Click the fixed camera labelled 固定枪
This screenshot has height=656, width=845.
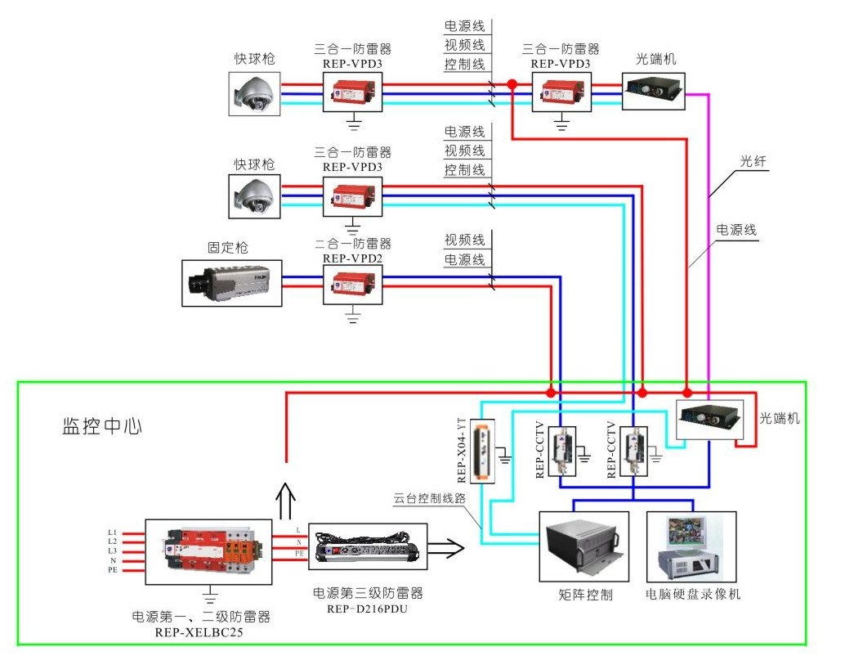point(232,283)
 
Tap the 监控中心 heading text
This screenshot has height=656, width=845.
point(102,426)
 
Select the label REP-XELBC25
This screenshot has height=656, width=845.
point(199,632)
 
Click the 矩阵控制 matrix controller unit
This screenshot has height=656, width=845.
point(583,547)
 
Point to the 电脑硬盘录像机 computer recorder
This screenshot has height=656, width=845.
point(691,547)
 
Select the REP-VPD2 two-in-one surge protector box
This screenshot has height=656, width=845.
point(352,283)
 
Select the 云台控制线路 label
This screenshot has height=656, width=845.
point(430,497)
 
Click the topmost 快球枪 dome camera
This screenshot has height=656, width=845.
point(254,92)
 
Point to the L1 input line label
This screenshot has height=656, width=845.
point(113,532)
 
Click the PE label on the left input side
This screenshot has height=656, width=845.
point(113,570)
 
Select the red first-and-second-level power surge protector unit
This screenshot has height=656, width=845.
point(208,550)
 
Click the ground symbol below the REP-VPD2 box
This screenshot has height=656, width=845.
point(353,315)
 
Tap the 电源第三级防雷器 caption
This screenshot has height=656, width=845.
point(368,593)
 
